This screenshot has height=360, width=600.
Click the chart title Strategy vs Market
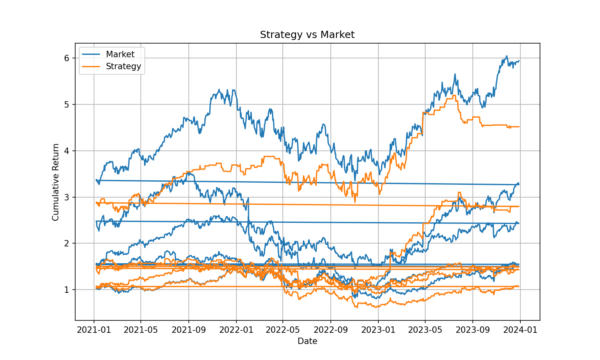pyautogui.click(x=307, y=35)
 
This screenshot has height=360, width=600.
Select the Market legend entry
pyautogui.click(x=120, y=54)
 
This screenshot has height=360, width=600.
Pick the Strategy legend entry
pyautogui.click(x=123, y=66)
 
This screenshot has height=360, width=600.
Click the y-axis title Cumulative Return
pyautogui.click(x=56, y=182)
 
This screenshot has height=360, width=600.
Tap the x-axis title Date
pyautogui.click(x=307, y=341)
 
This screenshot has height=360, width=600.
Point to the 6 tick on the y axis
pyautogui.click(x=67, y=58)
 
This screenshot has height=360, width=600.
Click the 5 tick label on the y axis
pyautogui.click(x=67, y=105)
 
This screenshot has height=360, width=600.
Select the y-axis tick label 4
pyautogui.click(x=67, y=151)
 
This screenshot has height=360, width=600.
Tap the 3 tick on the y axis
pyautogui.click(x=67, y=197)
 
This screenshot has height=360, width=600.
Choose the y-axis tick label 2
pyautogui.click(x=67, y=244)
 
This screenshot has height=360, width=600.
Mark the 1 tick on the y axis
pyautogui.click(x=67, y=290)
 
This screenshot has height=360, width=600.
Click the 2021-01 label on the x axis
pyautogui.click(x=94, y=330)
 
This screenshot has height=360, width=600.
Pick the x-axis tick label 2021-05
pyautogui.click(x=141, y=330)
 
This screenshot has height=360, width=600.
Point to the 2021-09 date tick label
pyautogui.click(x=189, y=330)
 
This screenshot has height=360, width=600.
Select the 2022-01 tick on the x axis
pyautogui.click(x=236, y=330)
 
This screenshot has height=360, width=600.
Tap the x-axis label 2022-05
pyautogui.click(x=283, y=330)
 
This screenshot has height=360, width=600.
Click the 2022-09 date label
pyautogui.click(x=331, y=330)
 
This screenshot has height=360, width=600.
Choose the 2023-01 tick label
pyautogui.click(x=378, y=330)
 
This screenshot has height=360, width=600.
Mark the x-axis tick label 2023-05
pyautogui.click(x=425, y=330)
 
